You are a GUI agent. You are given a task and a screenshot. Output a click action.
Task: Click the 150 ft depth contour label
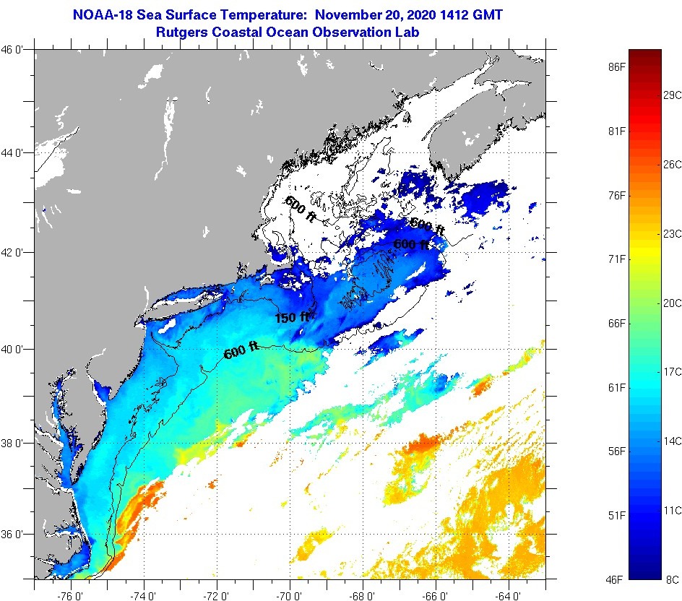pos(292,317)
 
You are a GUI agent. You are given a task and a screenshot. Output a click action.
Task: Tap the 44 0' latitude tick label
pos(17,153)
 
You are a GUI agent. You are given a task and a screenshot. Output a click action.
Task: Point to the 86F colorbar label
pos(616,66)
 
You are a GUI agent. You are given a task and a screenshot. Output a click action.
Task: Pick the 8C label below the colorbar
pos(671,579)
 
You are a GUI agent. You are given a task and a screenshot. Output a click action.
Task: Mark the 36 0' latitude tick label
pos(17,535)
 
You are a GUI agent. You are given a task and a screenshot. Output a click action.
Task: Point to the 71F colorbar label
pos(616,259)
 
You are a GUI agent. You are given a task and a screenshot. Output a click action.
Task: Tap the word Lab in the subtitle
pos(408,32)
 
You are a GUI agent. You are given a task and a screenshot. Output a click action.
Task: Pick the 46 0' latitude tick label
pos(17,49)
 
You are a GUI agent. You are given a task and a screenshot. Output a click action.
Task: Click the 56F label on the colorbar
pos(616,451)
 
